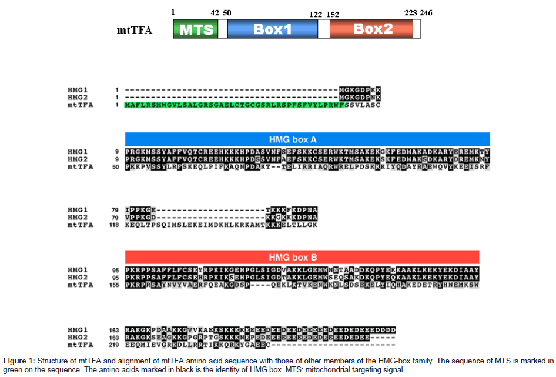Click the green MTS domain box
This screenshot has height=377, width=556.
click(x=196, y=29)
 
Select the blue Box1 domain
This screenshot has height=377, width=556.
click(x=272, y=29)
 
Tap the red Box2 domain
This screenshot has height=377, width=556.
click(x=371, y=29)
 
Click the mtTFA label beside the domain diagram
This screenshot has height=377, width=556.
click(x=135, y=29)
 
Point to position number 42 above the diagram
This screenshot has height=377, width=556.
click(x=215, y=12)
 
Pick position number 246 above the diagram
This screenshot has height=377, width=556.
click(x=426, y=12)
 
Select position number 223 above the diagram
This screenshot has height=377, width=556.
click(x=410, y=12)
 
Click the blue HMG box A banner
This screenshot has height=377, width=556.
click(x=307, y=139)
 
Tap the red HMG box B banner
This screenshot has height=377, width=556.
click(x=302, y=257)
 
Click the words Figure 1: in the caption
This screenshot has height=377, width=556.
click(x=19, y=360)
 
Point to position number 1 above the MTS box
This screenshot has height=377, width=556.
click(x=173, y=12)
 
